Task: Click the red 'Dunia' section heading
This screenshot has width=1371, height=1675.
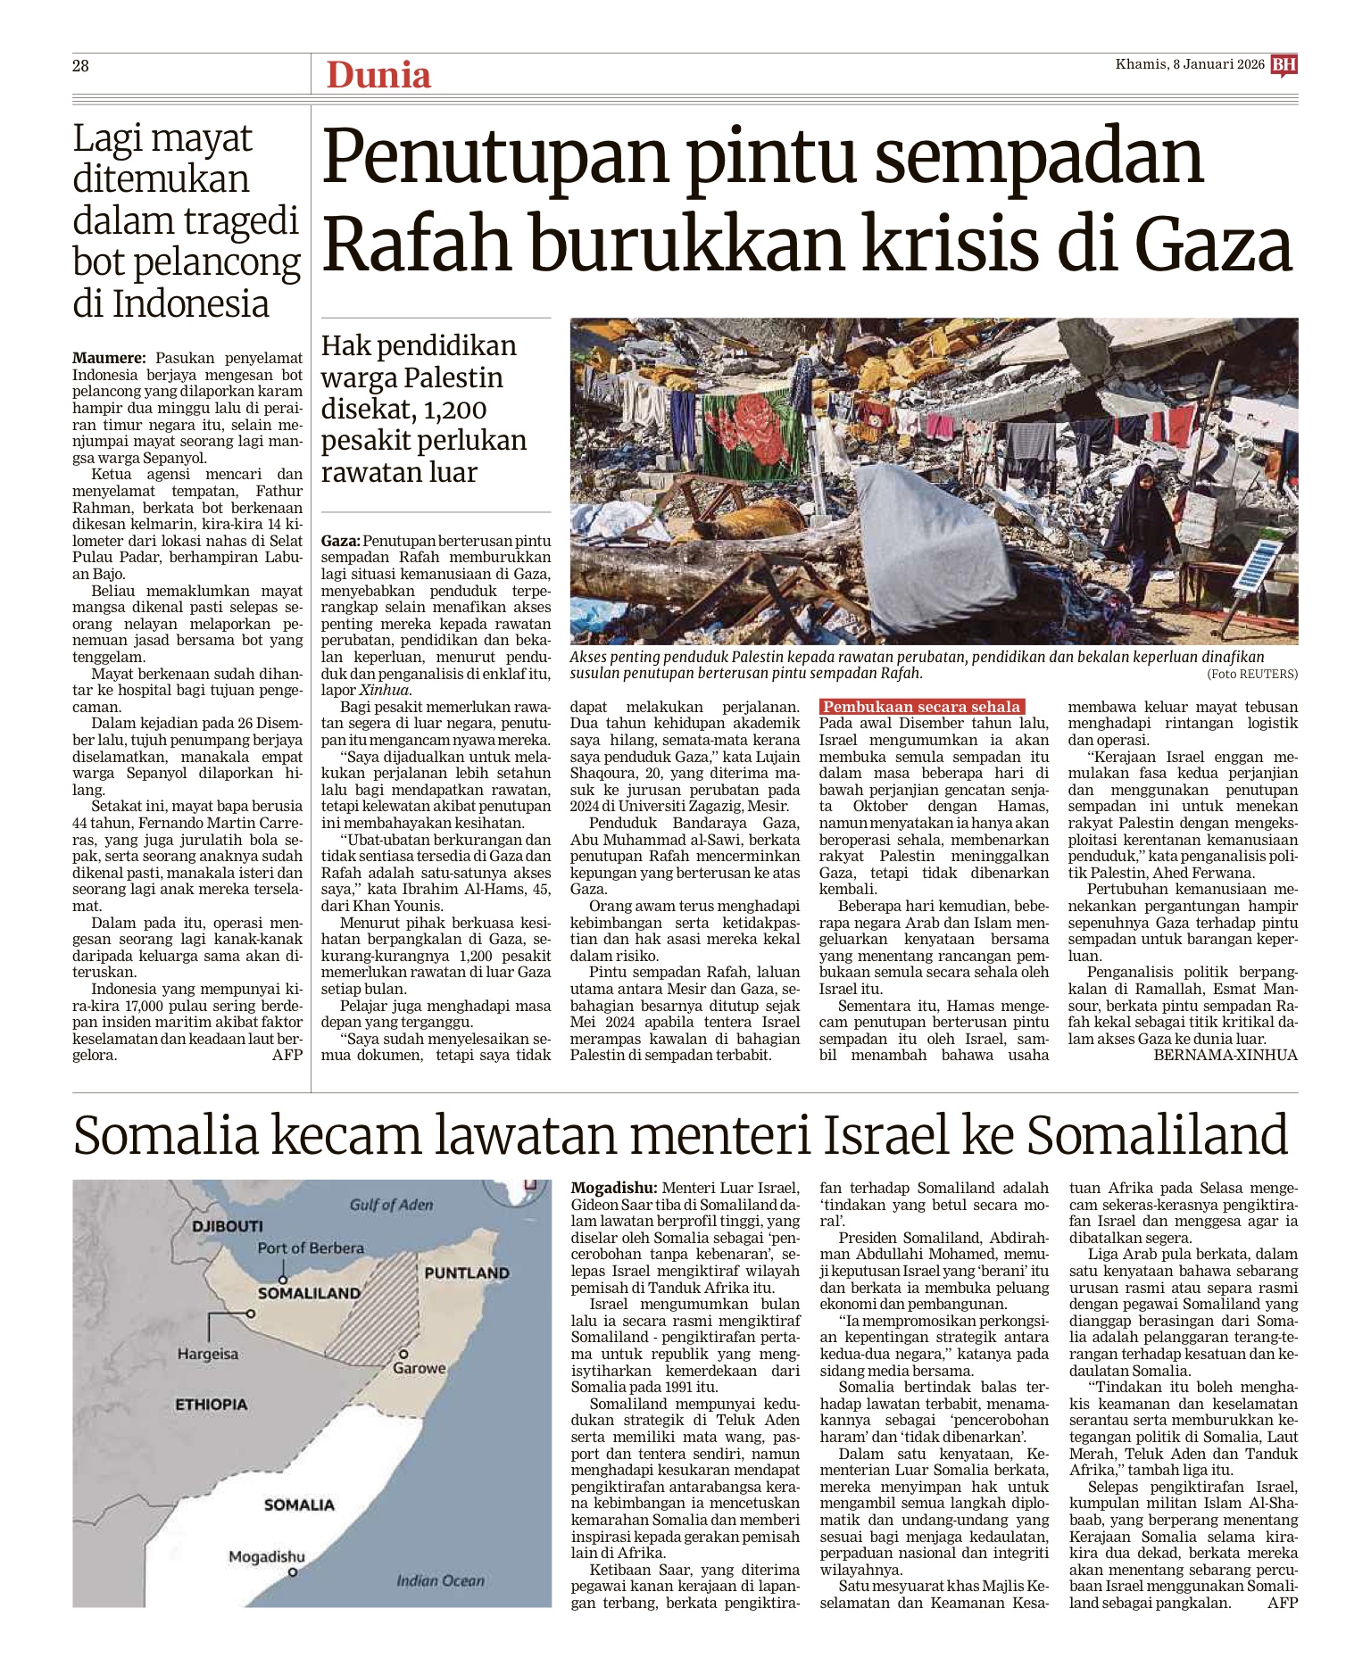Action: tap(378, 75)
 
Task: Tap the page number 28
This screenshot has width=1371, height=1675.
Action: tap(80, 65)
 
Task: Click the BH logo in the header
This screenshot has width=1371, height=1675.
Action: tap(1284, 65)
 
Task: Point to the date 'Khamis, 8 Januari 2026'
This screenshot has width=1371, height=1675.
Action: tap(1190, 64)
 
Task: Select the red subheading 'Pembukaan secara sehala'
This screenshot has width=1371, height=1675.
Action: tap(921, 707)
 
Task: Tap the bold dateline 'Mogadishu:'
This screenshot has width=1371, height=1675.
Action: tap(614, 1188)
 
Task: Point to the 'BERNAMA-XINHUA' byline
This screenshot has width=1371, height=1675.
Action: tap(1226, 1055)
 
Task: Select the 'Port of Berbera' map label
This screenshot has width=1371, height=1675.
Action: tap(311, 1248)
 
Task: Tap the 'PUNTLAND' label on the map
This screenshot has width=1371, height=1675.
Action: tap(467, 1273)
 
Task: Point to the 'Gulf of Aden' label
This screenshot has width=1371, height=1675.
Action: tap(392, 1205)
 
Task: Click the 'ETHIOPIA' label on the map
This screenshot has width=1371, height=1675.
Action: tap(211, 1404)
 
